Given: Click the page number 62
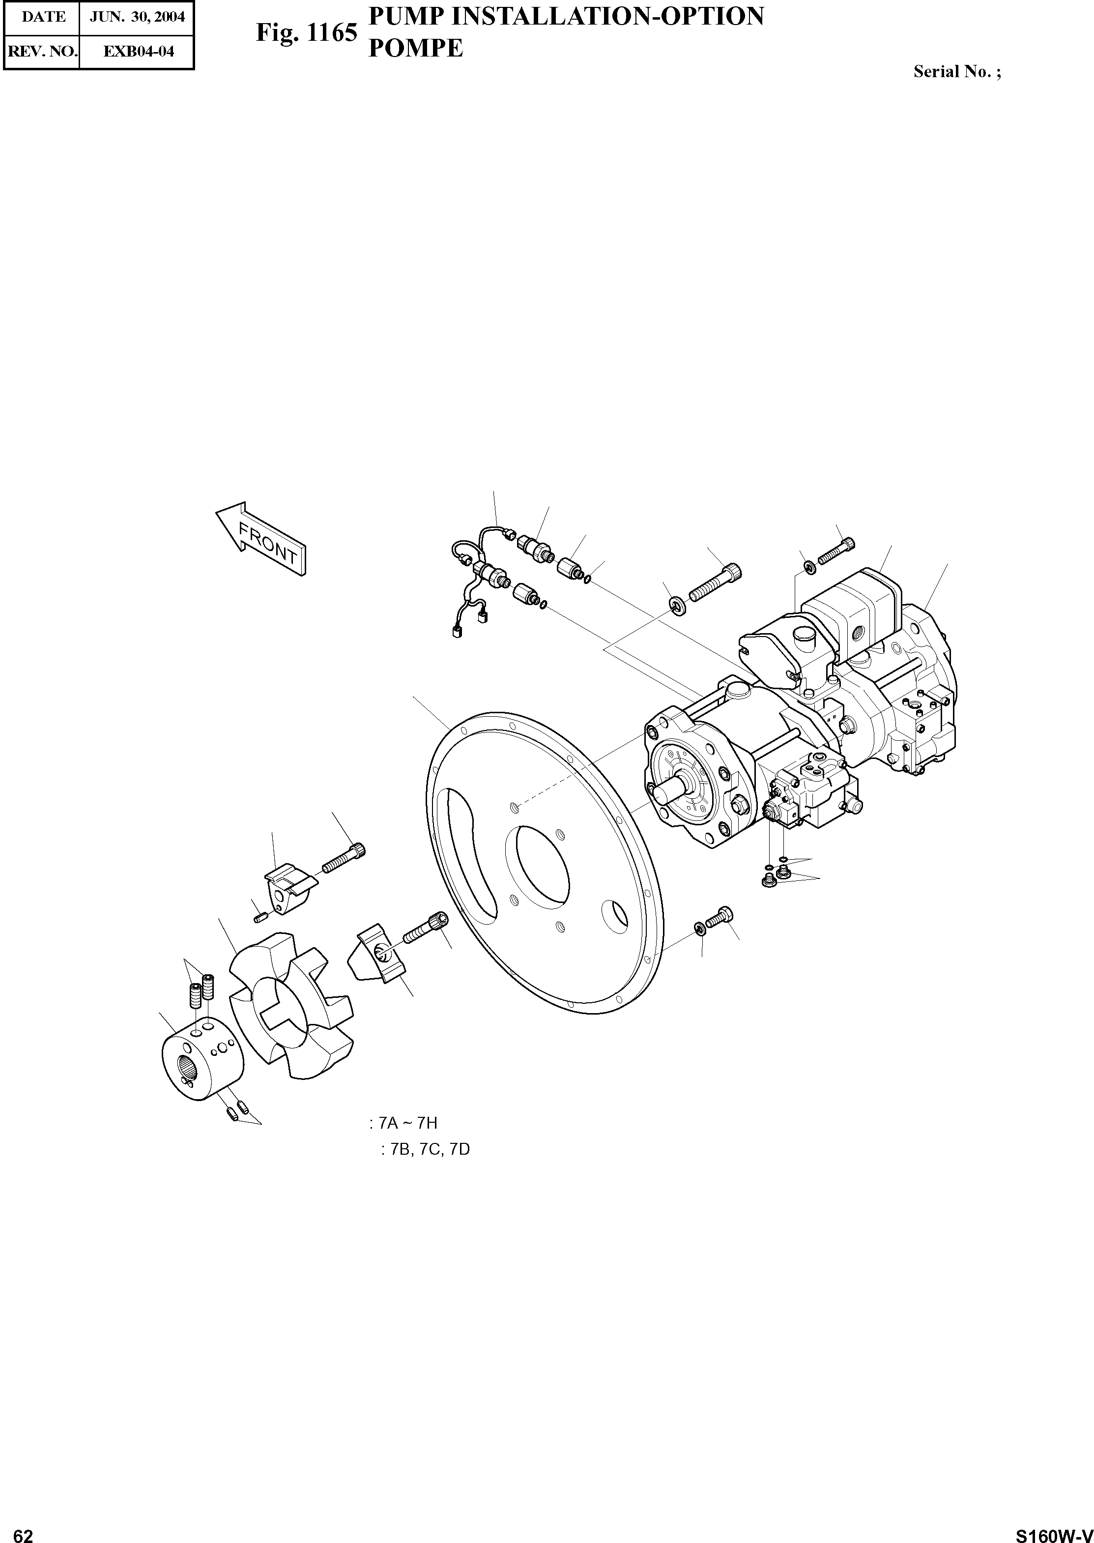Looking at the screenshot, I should tap(23, 1531).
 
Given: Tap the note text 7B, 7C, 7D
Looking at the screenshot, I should tap(425, 1149).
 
